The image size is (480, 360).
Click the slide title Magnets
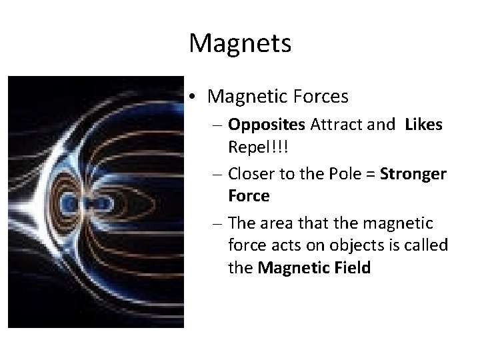[240, 44]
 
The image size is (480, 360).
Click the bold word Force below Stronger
[249, 196]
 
